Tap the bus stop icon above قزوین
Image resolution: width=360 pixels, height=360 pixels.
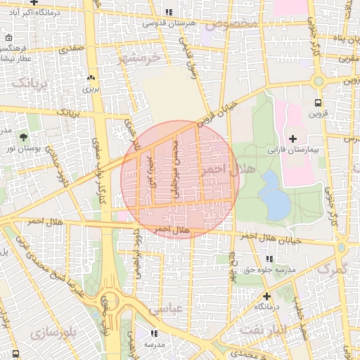pyautogui.click(x=319, y=101)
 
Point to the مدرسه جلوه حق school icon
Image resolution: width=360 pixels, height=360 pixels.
pyautogui.click(x=270, y=259)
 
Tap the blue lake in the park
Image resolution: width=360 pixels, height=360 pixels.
pyautogui.click(x=274, y=195)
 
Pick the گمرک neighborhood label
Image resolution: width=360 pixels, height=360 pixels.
pyautogui.click(x=332, y=269)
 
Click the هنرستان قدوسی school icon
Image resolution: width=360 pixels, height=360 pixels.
pyautogui.click(x=168, y=12)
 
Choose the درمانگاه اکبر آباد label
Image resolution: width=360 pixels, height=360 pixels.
pyautogui.click(x=35, y=13)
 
